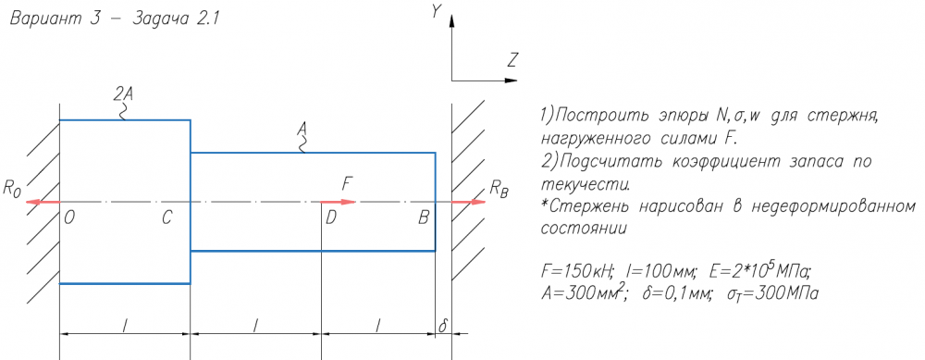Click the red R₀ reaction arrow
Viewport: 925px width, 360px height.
[43, 202]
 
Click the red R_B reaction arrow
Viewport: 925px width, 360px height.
[469, 202]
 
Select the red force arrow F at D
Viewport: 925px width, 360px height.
[339, 202]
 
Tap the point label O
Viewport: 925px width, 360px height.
[69, 218]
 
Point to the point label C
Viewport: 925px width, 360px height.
[166, 218]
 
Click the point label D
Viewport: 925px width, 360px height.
[331, 218]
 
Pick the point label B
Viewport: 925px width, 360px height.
[423, 218]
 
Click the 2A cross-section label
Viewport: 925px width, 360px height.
[123, 93]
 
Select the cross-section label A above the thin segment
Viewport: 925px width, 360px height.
[302, 128]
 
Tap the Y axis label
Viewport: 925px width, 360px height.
[437, 11]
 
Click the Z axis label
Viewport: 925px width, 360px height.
[512, 59]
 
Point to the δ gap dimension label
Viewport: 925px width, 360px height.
[443, 325]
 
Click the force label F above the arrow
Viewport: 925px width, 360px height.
[348, 184]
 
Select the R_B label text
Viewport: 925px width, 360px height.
[499, 190]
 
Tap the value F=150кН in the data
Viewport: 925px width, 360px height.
[577, 272]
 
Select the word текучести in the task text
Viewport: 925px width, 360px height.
[585, 184]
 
